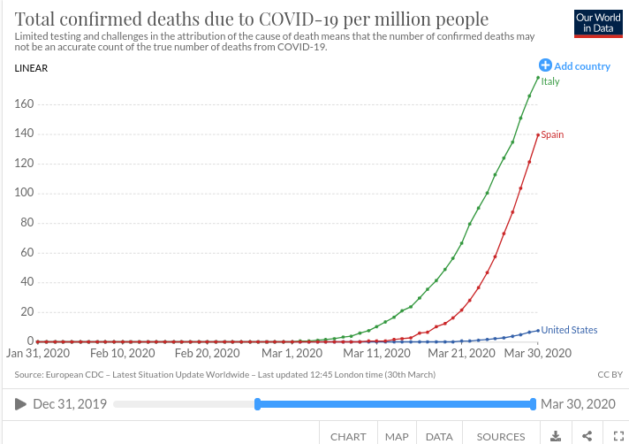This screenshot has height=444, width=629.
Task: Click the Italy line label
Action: coord(549,82)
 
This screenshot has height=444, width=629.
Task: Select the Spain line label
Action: coord(551,135)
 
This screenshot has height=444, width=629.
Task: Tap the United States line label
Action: coord(568,330)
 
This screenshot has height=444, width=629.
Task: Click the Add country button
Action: coord(574,66)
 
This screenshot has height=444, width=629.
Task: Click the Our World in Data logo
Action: coord(597,24)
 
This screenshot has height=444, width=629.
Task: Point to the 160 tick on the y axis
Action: coord(23,104)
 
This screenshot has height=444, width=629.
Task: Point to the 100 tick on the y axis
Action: coord(23,193)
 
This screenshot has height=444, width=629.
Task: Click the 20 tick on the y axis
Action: coord(27,311)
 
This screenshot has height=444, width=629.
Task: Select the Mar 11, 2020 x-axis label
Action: coord(376,353)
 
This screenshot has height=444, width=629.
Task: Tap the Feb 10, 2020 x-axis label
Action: coord(120,353)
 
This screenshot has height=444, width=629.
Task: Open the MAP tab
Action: coord(397,436)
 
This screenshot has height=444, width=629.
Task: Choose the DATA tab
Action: coord(439,436)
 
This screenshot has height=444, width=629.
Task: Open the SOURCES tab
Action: coord(501,436)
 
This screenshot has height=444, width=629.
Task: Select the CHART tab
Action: coord(348,436)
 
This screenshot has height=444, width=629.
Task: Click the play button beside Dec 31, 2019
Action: coord(20,404)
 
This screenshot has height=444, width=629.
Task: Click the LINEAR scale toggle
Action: coord(32,68)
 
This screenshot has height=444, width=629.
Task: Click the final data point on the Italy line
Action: coord(537,77)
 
